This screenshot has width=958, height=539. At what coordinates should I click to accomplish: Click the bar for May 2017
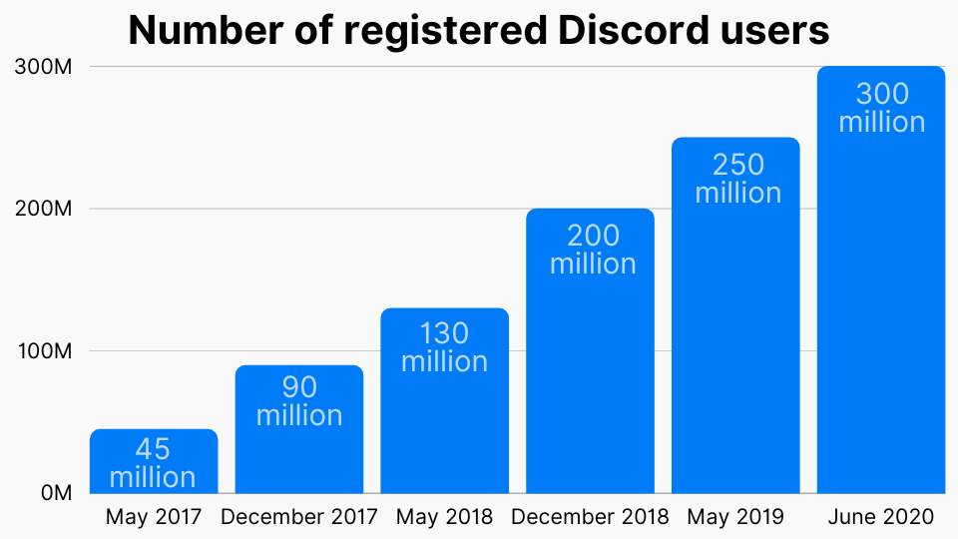(x=154, y=461)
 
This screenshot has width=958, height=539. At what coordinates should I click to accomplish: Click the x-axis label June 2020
(x=881, y=517)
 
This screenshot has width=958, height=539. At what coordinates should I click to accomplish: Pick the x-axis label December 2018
(x=591, y=517)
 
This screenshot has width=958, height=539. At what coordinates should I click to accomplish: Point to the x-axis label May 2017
(x=154, y=517)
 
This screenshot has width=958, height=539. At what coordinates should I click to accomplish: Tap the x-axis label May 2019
(x=736, y=517)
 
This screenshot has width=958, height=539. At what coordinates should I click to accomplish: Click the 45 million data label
(x=153, y=462)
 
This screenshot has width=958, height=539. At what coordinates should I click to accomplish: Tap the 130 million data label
(x=445, y=346)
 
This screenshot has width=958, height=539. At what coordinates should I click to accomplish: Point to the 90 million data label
(x=299, y=400)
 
